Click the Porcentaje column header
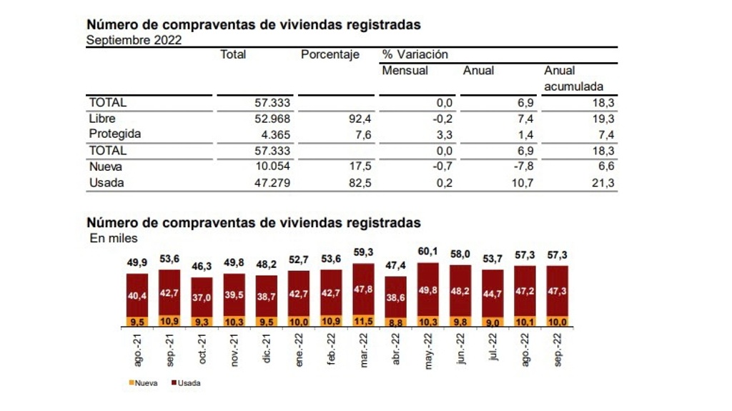330,55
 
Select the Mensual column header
405,71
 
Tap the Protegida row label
115,134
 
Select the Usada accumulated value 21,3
604,183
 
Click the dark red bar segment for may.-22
427,289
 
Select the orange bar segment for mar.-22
364,320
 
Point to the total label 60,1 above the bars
427,252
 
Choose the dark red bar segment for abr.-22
395,297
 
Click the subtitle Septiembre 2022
134,40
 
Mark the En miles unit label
114,238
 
